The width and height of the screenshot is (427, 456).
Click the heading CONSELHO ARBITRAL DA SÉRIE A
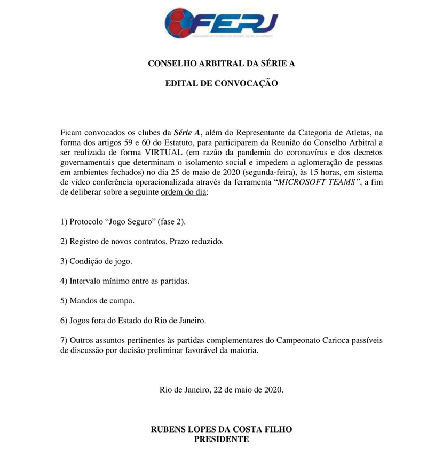221,64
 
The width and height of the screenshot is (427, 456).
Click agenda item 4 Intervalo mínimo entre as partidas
125,281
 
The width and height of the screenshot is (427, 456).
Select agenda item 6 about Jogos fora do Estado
133,321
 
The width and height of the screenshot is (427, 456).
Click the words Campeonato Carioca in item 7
305,340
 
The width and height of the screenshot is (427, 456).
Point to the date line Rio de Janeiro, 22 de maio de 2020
222,389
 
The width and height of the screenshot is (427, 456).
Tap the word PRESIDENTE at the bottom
222,439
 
